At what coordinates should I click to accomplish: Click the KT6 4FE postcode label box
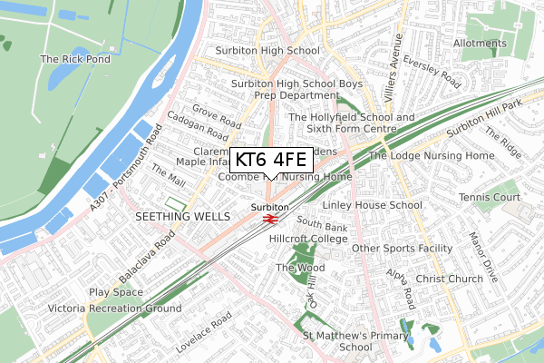point(272,161)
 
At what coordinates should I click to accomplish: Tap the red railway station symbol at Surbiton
point(269,218)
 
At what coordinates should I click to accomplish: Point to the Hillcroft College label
point(308,239)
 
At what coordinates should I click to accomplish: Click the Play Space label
point(116,292)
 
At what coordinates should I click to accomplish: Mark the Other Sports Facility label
point(402,248)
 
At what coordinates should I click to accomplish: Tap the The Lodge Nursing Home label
point(432,156)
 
